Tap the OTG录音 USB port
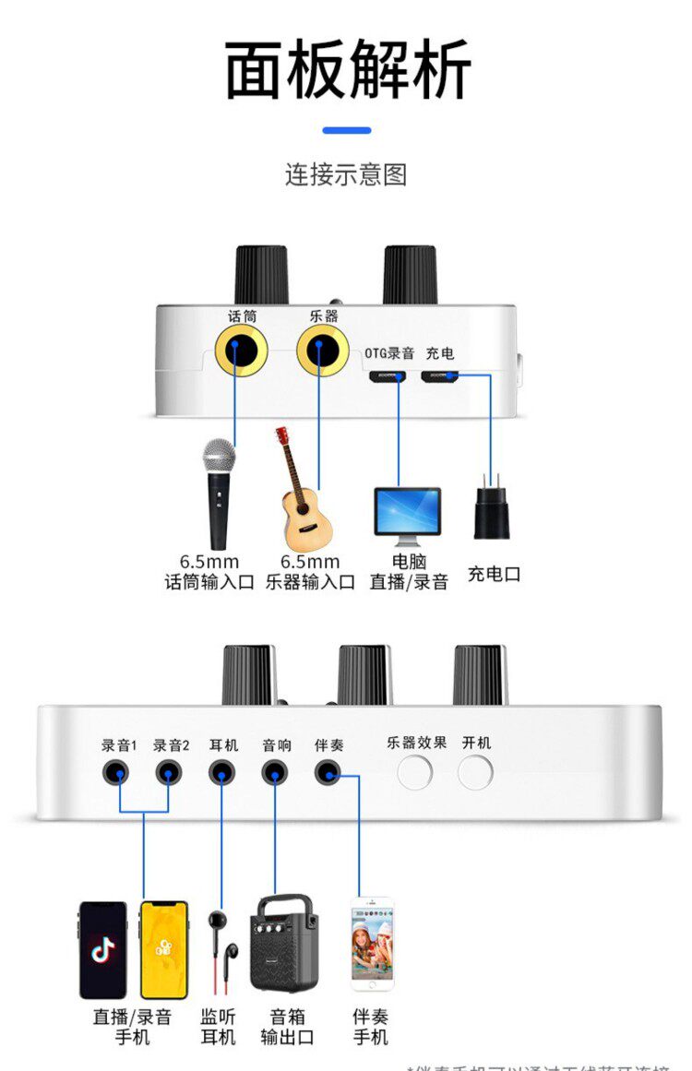(x=389, y=376)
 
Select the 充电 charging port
(x=440, y=376)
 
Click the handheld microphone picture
(x=219, y=492)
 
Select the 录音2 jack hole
(x=168, y=772)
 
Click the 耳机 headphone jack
(x=221, y=772)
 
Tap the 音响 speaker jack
(x=274, y=772)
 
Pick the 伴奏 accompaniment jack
(x=327, y=772)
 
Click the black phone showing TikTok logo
(x=102, y=950)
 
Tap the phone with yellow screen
(x=163, y=950)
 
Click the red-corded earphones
(x=222, y=950)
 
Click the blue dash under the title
(x=346, y=131)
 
